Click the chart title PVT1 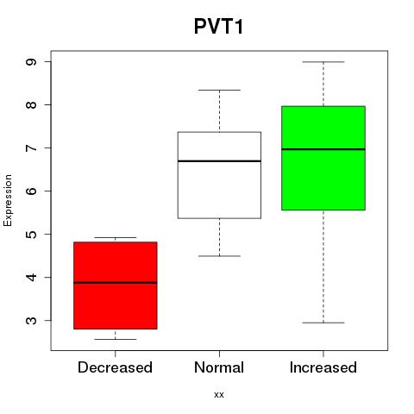tap(219, 27)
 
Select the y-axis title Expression tap(8, 200)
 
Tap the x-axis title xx tap(219, 394)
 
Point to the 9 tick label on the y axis tap(31, 62)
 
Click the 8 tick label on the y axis tap(31, 104)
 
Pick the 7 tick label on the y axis tap(31, 147)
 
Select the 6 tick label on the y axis tap(31, 191)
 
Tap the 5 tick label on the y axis tap(31, 234)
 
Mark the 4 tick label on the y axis tap(31, 277)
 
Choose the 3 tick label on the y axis tap(31, 320)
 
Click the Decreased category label tap(115, 367)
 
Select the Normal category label tap(219, 367)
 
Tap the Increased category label tap(323, 367)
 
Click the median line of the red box tap(116, 283)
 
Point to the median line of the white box tap(219, 161)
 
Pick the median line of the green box tap(323, 149)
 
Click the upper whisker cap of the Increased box tap(323, 62)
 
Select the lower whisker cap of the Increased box tap(323, 323)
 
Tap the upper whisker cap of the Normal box tap(219, 90)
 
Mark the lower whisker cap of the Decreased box tap(116, 339)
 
